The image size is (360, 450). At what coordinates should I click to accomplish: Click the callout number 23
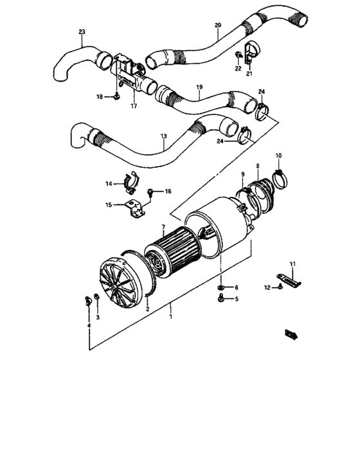81,31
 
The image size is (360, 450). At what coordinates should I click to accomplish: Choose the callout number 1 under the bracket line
170,316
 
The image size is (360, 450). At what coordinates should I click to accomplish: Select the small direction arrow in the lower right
293,332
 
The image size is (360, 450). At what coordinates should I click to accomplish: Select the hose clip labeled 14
130,183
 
